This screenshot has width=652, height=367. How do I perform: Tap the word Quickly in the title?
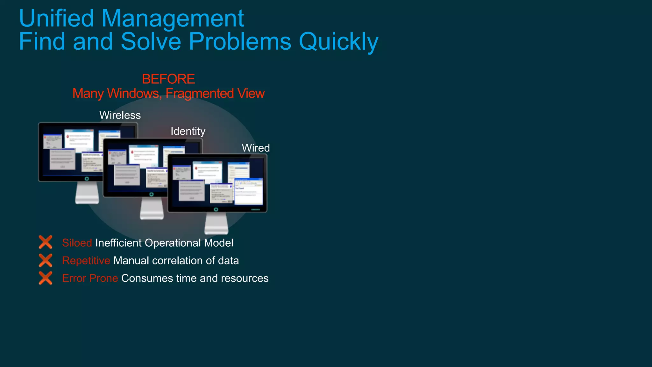pos(339,42)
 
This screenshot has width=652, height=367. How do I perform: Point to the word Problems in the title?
pos(240,41)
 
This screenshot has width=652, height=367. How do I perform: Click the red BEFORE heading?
pos(168,79)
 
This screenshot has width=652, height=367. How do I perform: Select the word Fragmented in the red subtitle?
pos(200,94)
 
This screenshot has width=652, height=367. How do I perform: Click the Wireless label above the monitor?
pos(120,115)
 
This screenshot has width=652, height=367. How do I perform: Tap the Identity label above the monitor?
pos(188,131)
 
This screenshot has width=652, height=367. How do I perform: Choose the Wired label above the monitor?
pos(256,148)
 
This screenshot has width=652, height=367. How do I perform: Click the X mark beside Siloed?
pos(46,242)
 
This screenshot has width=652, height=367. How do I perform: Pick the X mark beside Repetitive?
pos(46,260)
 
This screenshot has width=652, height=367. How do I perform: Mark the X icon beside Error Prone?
pos(46,278)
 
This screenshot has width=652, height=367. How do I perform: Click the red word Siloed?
pos(77,243)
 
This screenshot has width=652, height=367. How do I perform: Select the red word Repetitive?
pos(86,261)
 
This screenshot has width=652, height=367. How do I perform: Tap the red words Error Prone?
pos(90,279)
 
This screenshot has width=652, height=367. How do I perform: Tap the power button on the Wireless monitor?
pos(87,179)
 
